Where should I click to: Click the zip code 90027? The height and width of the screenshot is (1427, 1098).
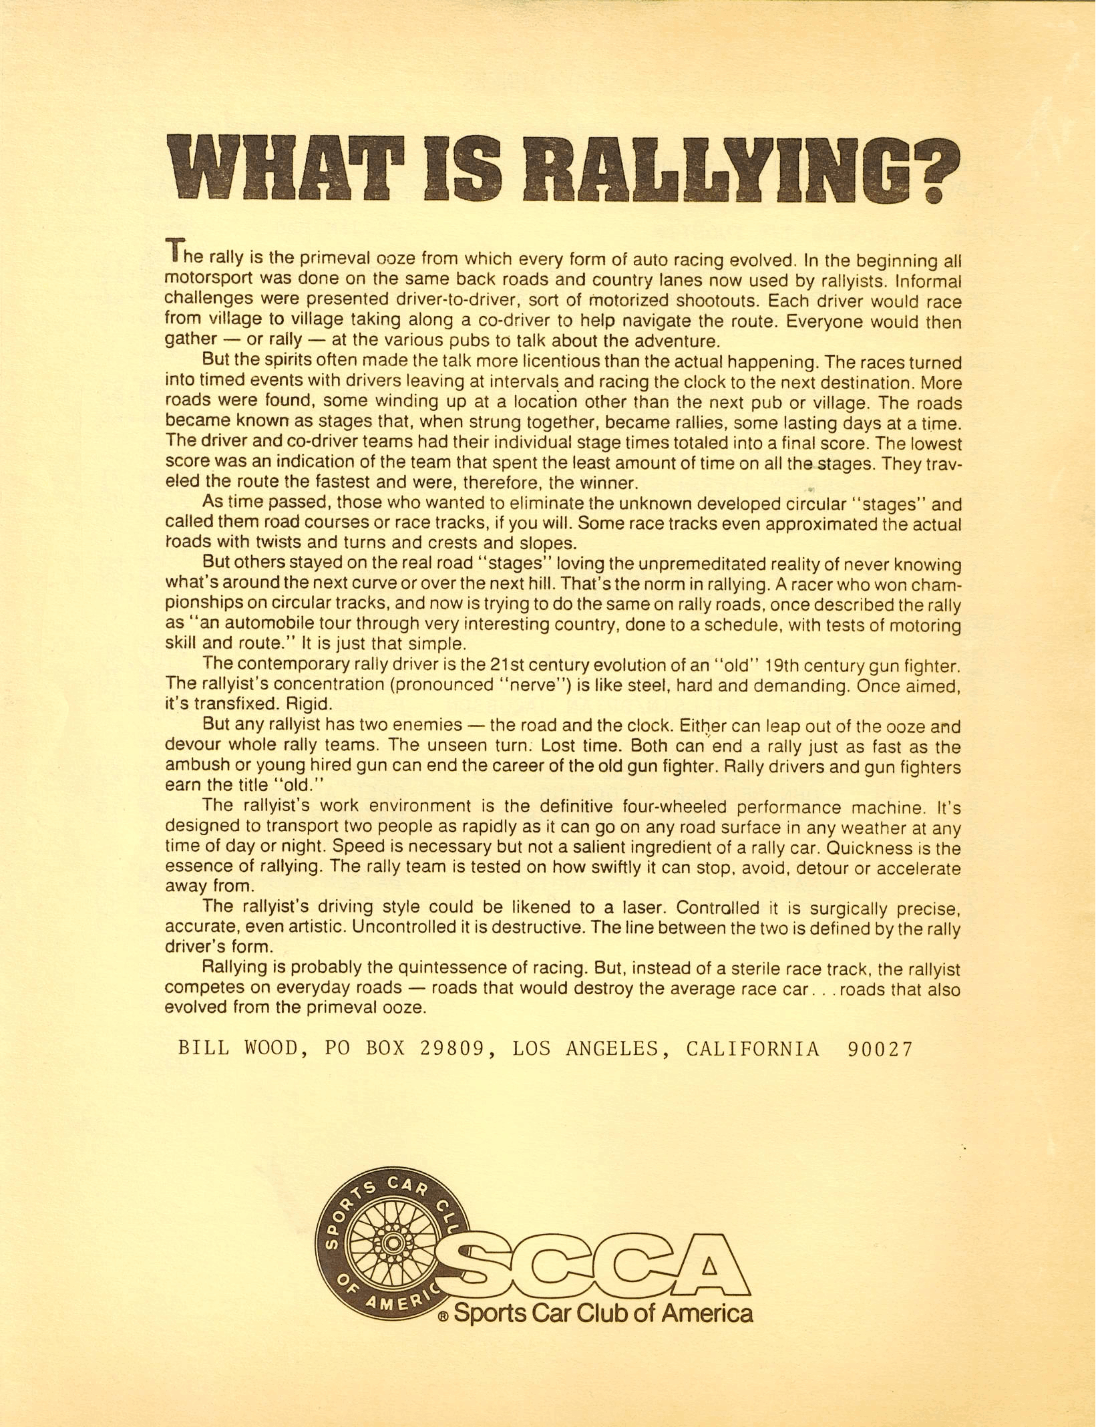coord(879,1048)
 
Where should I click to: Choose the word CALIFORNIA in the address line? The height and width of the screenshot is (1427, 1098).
coord(753,1048)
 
